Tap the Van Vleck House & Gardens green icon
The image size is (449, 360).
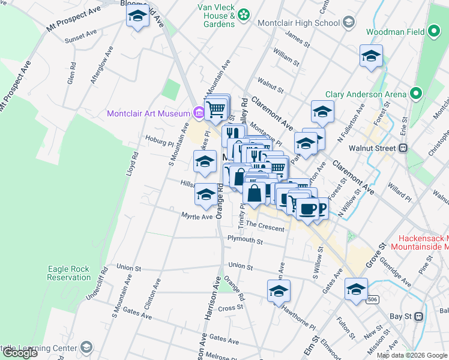pyautogui.click(x=244, y=14)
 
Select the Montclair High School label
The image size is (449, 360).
pyautogui.click(x=298, y=23)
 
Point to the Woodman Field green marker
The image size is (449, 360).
pyautogui.click(x=435, y=32)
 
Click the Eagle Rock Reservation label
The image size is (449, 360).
pyautogui.click(x=69, y=273)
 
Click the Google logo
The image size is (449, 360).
pyautogui.click(x=19, y=353)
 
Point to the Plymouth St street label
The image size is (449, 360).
pyautogui.click(x=245, y=241)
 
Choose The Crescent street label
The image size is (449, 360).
pyautogui.click(x=265, y=226)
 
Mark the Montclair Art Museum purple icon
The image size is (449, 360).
pyautogui.click(x=199, y=113)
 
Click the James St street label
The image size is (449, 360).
pyautogui.click(x=297, y=40)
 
